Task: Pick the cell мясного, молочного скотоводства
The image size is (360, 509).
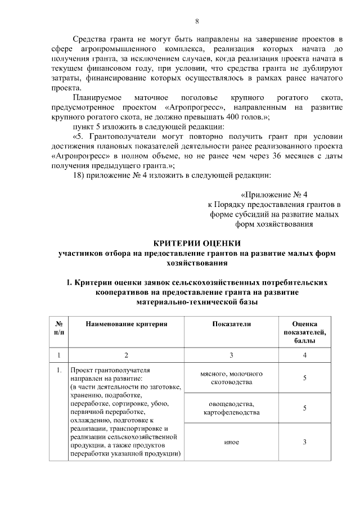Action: (x=231, y=378)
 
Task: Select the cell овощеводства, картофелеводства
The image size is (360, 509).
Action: (x=231, y=408)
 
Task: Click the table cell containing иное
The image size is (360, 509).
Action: (x=231, y=442)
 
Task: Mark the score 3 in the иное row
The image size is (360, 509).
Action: (x=304, y=442)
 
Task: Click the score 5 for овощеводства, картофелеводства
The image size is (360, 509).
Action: (x=304, y=408)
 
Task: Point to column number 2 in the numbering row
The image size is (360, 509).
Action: (x=127, y=355)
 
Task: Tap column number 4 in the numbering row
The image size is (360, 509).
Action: (x=304, y=355)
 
